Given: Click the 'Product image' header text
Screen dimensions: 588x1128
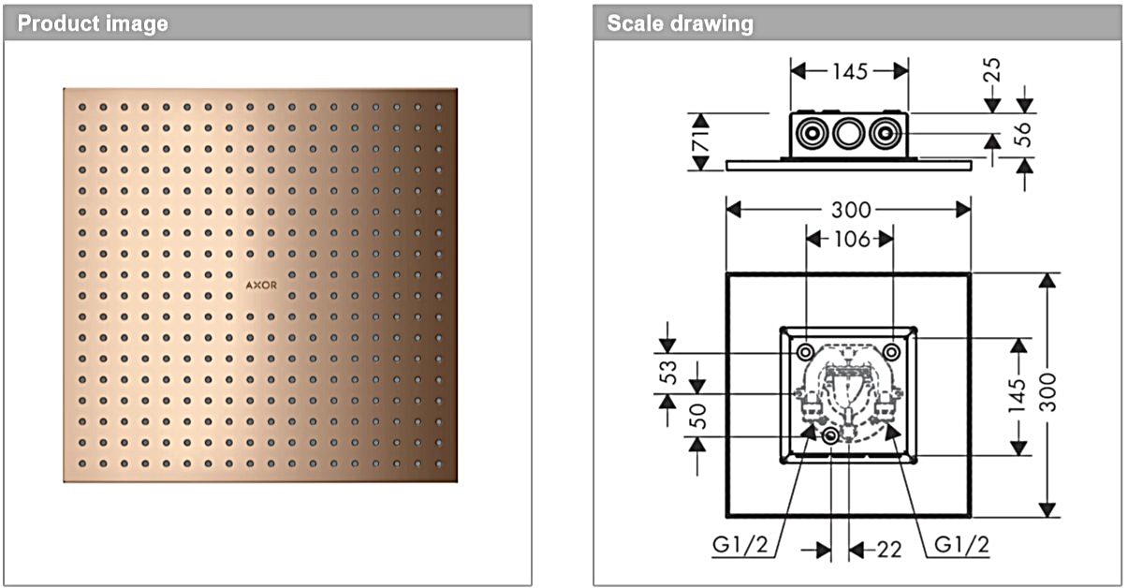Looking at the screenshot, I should pos(93,23).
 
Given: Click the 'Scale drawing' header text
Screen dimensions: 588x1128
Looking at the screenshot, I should pos(680,23).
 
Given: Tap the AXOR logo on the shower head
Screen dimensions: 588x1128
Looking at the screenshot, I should pos(261,286).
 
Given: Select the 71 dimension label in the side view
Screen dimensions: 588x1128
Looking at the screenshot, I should pos(701,141).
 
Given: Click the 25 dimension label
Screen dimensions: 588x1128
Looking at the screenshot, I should pos(992,70).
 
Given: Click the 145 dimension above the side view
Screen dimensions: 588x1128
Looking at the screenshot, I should pos(849,71).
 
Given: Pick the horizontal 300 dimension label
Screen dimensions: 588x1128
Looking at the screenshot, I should pos(849,210).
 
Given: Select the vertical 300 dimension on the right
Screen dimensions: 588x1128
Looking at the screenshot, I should pos(1047,394).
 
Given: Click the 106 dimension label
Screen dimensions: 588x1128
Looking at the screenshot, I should pos(849,240).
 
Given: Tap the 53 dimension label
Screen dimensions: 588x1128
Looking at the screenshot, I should pos(667,374).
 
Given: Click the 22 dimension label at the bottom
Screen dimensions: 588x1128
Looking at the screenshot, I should pos(888,550).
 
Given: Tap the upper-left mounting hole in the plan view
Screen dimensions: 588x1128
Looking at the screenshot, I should pos(805,351).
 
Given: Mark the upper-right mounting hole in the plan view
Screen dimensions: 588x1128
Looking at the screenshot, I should pos(892,351).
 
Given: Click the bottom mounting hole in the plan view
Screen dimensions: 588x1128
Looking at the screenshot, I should pos(830,436).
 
